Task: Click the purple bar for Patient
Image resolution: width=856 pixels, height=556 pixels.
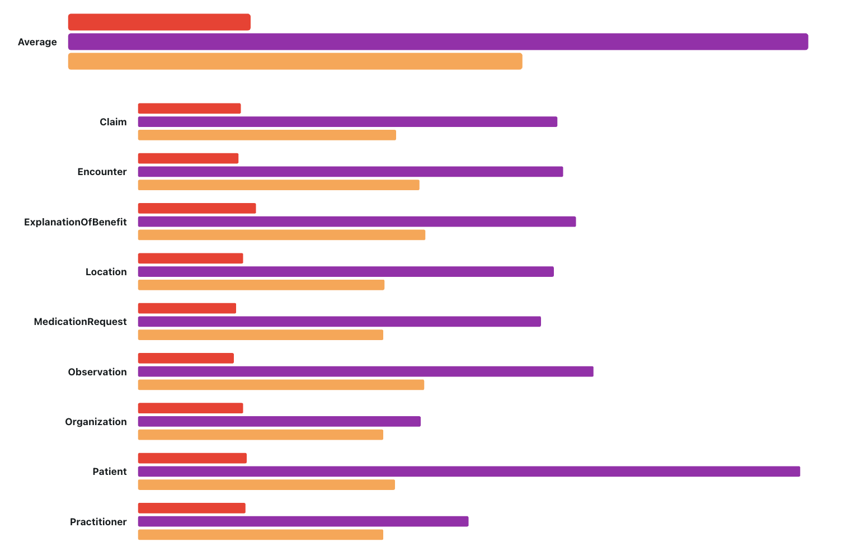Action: pos(469,472)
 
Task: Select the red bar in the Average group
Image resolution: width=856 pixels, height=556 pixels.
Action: pos(159,22)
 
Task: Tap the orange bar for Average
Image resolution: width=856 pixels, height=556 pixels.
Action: pos(295,62)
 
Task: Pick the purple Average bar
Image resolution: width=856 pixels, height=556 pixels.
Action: pos(438,42)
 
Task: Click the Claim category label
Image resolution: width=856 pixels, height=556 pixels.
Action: pos(113,122)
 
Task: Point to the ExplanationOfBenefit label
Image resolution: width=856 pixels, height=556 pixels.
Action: pos(76,222)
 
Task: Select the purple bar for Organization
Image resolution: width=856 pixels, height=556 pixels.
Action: pos(279,422)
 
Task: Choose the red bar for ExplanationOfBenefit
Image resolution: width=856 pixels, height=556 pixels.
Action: pos(197,209)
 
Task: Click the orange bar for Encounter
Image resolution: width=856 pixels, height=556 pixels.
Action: pos(279,185)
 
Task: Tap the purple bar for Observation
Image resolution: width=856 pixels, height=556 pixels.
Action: pos(365,371)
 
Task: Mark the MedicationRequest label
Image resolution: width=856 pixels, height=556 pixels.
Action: pos(81,322)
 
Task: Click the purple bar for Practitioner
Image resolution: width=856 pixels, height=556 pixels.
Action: pos(303,521)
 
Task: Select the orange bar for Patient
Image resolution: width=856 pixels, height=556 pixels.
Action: pos(266,485)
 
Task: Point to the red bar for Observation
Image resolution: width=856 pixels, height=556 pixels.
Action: pos(186,359)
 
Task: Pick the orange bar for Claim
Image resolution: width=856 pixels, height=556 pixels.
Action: pos(267,135)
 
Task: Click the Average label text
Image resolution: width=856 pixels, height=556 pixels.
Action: pos(37,42)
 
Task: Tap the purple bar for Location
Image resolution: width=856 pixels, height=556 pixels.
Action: pos(346,272)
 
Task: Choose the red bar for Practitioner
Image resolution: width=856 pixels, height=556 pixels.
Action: pos(192,508)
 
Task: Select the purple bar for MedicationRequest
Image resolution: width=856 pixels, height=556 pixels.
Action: pos(340,322)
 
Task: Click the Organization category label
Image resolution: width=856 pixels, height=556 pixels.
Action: pos(96,422)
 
